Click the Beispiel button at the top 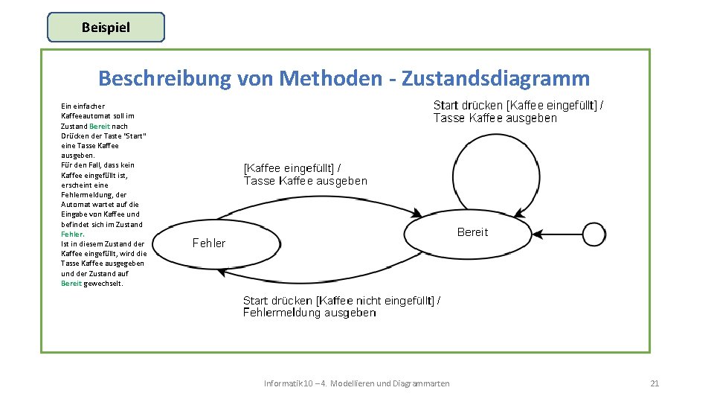point(106,28)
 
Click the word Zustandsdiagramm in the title point(495,78)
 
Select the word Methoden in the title point(332,78)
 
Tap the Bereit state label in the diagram point(472,232)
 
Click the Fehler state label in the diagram point(209,243)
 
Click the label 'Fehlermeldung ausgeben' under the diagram point(309,313)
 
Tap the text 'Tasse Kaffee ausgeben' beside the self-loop point(495,118)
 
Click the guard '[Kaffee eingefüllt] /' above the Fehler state point(292,168)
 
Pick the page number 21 point(654,383)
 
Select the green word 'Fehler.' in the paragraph point(73,234)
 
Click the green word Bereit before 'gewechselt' point(71,283)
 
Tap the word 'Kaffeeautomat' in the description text point(87,116)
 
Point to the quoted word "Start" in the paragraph point(138,135)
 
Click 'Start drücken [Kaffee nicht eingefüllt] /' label point(341,301)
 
